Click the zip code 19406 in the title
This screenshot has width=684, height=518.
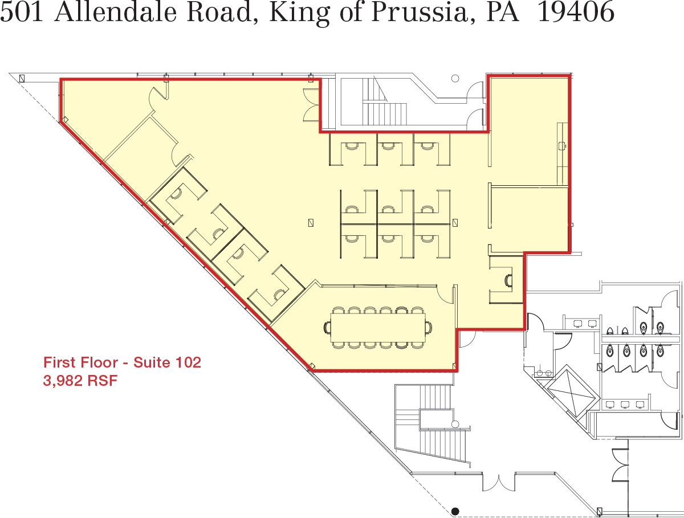pyautogui.click(x=576, y=13)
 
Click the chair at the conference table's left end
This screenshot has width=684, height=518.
pyautogui.click(x=328, y=327)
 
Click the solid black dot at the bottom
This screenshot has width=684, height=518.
pyautogui.click(x=455, y=511)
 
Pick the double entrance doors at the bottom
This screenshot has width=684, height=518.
pyautogui.click(x=499, y=482)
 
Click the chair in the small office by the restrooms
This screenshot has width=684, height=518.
pyautogui.click(x=508, y=280)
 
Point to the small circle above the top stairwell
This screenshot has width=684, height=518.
pyautogui.click(x=455, y=79)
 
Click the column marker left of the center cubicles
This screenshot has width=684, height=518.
pyautogui.click(x=311, y=222)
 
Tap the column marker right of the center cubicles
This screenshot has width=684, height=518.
pyautogui.click(x=455, y=222)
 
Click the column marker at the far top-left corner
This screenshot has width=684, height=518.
pyautogui.click(x=22, y=78)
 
